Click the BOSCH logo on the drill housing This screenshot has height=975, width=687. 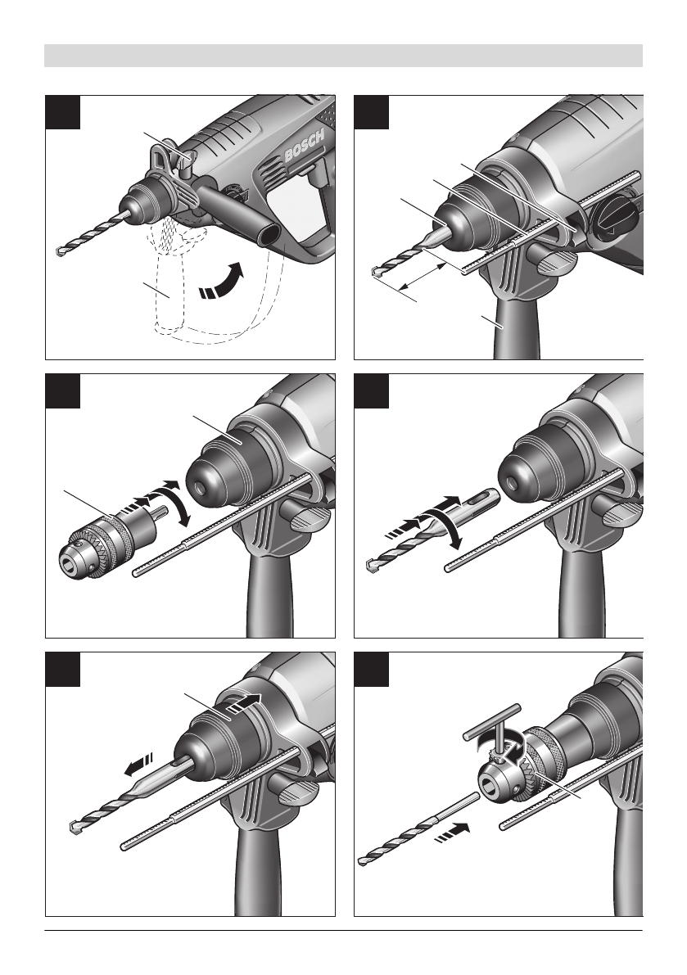pos(305,147)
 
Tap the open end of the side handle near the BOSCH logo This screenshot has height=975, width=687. pos(270,237)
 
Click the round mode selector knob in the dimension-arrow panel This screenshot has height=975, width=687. pos(613,219)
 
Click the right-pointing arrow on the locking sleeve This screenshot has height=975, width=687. pos(243,704)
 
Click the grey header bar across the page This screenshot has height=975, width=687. pos(343,56)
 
